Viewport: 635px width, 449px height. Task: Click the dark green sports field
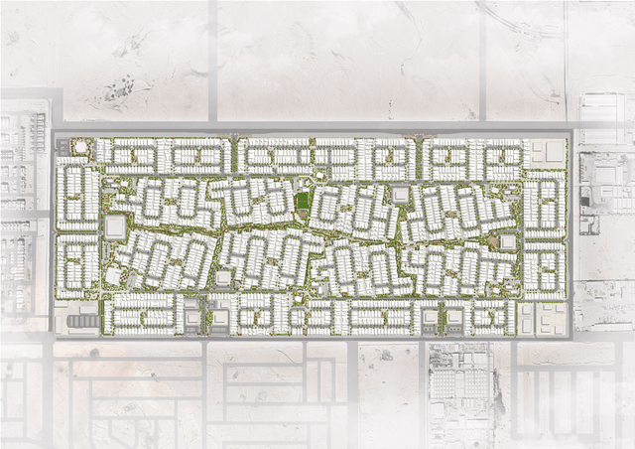tap(302, 202)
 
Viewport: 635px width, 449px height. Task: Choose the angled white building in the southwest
tap(112, 275)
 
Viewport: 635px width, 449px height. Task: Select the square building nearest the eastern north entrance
tap(400, 195)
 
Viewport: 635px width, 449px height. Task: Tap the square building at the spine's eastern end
tap(508, 242)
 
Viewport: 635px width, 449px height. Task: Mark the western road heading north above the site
tap(213, 60)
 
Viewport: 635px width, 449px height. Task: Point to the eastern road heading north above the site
tap(483, 60)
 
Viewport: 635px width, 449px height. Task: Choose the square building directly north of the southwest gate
tap(224, 277)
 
